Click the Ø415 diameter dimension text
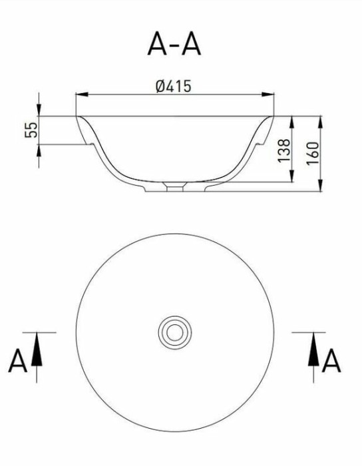point(174,87)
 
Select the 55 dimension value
point(31,130)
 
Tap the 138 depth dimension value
point(282,151)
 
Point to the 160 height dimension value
point(313,154)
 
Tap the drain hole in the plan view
point(174,331)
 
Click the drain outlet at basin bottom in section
point(174,187)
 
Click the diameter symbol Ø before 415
point(160,87)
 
